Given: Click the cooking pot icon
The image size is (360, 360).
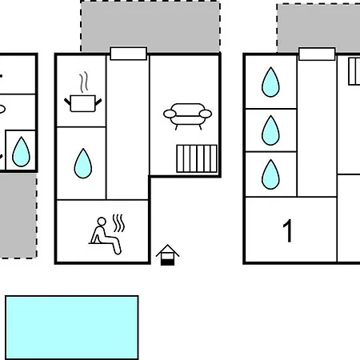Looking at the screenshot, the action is point(83,103).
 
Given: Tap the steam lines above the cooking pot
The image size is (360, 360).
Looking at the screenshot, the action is point(84,82).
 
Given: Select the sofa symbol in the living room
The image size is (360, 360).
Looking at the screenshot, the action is point(187,116).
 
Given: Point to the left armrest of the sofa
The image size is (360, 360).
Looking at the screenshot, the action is point(170,114).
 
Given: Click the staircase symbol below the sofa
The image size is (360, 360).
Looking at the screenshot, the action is point(197,158).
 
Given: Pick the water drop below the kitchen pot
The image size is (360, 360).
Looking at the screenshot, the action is point(83,163).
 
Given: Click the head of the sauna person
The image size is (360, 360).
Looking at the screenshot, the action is point(102,222).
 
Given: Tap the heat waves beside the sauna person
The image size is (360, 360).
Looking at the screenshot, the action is point(118,223).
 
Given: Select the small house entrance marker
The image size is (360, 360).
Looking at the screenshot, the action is point(167,255).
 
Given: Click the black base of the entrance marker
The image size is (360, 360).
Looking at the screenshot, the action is point(167,262).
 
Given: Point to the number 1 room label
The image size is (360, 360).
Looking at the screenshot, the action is point(287,230).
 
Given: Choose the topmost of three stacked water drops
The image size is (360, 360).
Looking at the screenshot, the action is point(270,82).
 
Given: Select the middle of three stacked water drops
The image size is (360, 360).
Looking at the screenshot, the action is point(270,130).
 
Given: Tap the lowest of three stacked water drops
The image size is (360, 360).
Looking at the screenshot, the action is point(270,174).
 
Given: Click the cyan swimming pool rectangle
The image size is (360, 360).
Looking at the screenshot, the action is point(72,327).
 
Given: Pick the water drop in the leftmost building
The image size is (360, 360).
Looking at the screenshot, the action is point(21,152).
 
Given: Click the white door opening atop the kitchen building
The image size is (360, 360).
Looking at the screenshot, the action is point(129,54).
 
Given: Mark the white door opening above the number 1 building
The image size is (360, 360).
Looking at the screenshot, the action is point(317,54).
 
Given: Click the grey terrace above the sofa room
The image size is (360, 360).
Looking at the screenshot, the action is point(150,26).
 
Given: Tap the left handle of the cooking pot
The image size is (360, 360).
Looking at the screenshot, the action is point(67,102).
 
